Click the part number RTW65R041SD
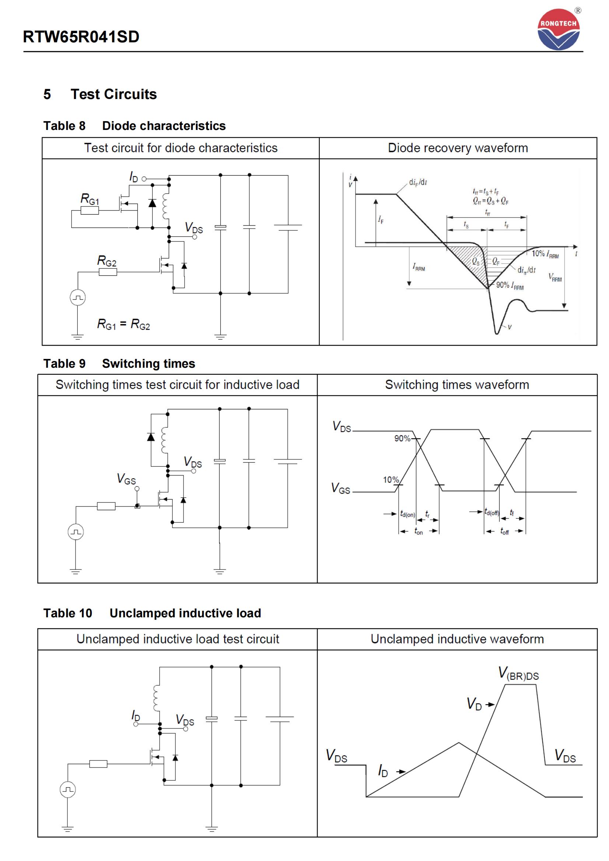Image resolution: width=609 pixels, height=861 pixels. [81, 37]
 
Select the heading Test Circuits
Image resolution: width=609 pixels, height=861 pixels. [113, 94]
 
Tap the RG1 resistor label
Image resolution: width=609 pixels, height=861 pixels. [90, 199]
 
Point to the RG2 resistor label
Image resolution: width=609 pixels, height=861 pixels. [106, 261]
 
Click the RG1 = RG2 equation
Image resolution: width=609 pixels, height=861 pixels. [123, 324]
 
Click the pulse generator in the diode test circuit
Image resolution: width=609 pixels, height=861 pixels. [78, 298]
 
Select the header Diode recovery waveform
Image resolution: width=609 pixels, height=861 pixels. [458, 148]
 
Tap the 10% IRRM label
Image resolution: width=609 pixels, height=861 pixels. [545, 254]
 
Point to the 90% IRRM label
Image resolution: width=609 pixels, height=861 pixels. [510, 285]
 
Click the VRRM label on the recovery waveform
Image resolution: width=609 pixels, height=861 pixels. [555, 277]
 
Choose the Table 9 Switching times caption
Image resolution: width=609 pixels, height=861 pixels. [119, 363]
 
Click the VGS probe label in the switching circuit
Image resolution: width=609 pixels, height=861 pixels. [126, 479]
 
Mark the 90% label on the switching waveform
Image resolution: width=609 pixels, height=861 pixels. [402, 438]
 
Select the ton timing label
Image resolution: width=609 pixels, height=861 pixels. [419, 532]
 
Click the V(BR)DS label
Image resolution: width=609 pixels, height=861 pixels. [518, 674]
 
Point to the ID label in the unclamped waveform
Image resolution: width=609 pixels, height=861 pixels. [383, 771]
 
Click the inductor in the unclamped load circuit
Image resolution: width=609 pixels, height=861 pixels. [156, 698]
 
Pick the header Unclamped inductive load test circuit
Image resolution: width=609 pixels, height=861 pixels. [178, 639]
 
